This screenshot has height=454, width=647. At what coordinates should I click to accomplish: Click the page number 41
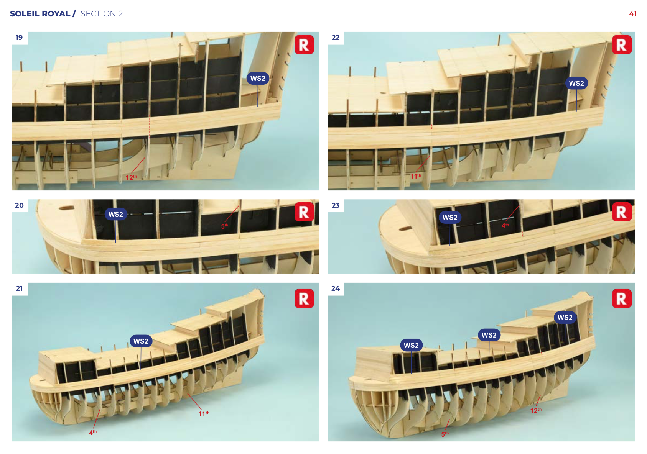pyautogui.click(x=633, y=14)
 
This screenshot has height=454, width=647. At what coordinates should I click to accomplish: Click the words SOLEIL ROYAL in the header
pyautogui.click(x=40, y=14)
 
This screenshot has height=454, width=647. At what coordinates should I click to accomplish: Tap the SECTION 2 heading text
pyautogui.click(x=102, y=14)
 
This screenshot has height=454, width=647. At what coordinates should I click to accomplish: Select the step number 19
pyautogui.click(x=19, y=38)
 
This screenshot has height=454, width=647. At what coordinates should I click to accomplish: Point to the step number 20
pyautogui.click(x=19, y=205)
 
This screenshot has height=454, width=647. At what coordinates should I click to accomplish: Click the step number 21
pyautogui.click(x=19, y=288)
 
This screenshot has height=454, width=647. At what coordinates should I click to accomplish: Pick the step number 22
pyautogui.click(x=336, y=38)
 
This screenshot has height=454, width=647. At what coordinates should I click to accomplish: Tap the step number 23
pyautogui.click(x=336, y=205)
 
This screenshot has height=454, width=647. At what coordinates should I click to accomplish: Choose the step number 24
pyautogui.click(x=336, y=288)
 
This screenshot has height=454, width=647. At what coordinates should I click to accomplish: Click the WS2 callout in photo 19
pyautogui.click(x=258, y=79)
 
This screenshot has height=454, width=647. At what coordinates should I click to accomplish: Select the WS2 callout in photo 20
pyautogui.click(x=116, y=215)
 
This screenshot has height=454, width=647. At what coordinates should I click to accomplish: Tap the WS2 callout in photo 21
pyautogui.click(x=141, y=341)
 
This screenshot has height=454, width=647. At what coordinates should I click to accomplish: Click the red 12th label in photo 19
pyautogui.click(x=131, y=177)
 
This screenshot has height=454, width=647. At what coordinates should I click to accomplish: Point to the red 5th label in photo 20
pyautogui.click(x=224, y=226)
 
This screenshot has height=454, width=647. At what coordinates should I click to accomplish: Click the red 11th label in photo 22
pyautogui.click(x=416, y=176)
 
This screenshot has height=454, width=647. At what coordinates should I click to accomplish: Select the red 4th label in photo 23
pyautogui.click(x=505, y=226)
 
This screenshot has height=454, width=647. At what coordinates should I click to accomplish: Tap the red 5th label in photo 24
pyautogui.click(x=445, y=434)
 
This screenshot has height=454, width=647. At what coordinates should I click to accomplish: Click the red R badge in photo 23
pyautogui.click(x=622, y=212)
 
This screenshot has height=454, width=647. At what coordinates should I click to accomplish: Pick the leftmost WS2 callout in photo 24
pyautogui.click(x=411, y=346)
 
